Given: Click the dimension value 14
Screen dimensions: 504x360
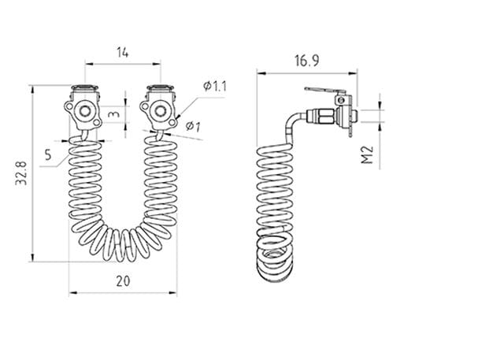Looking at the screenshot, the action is click(x=123, y=52).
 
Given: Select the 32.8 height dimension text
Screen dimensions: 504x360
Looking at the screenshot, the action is click(x=21, y=174).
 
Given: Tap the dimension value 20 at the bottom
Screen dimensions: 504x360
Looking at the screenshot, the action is click(x=123, y=281).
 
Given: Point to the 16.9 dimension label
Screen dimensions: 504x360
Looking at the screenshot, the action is click(x=307, y=61).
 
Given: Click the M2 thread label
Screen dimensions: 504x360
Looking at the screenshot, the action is click(x=367, y=155).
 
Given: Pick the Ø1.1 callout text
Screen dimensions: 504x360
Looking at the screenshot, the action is click(x=215, y=86).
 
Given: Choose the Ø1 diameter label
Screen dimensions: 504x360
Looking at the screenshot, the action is click(x=193, y=126).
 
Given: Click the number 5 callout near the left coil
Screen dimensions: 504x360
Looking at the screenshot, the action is click(x=48, y=154).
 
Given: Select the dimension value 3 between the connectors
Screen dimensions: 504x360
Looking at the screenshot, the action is click(x=115, y=114).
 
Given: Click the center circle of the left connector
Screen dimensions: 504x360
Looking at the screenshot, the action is click(x=85, y=111).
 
